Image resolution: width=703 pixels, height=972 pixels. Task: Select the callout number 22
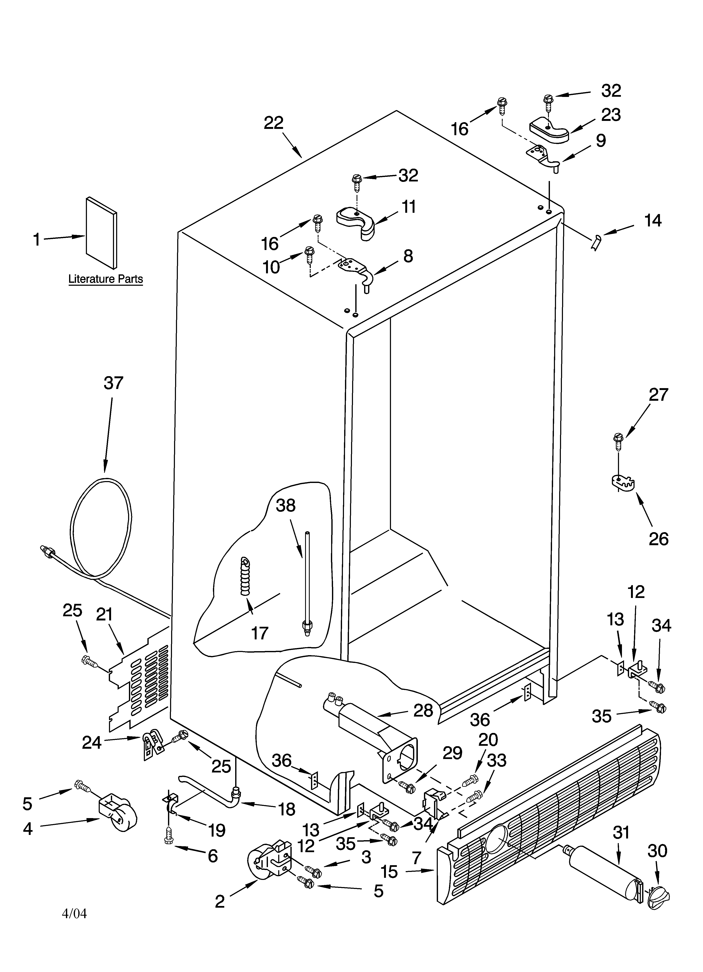coord(274,123)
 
